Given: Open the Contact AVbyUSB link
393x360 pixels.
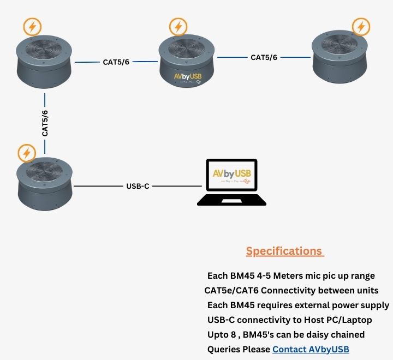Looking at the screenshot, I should tap(311, 349).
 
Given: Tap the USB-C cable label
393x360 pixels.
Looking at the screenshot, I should tap(138, 186).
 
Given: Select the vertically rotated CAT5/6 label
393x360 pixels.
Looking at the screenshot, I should tap(45, 123).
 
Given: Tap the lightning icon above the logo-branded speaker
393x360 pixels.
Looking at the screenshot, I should tap(178, 26).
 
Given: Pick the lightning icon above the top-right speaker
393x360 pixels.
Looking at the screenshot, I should tap(360, 26).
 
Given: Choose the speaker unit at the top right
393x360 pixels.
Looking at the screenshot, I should tap(338, 57).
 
